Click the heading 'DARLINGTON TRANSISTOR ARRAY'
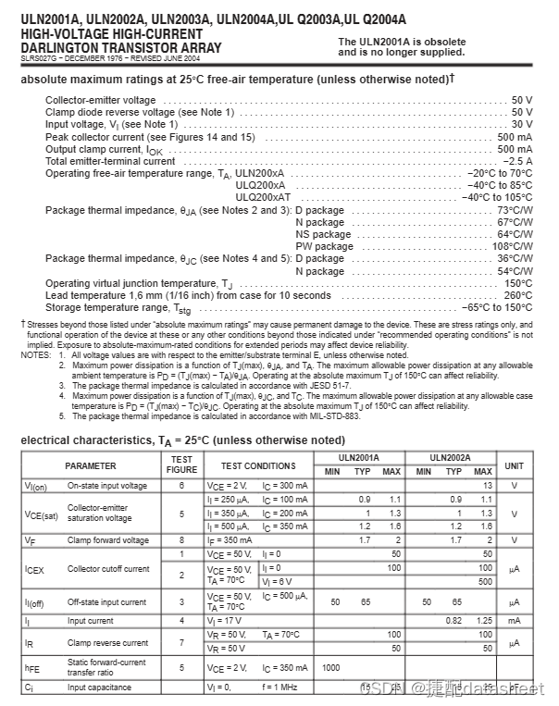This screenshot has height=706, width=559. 120,47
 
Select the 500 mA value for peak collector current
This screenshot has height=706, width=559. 515,137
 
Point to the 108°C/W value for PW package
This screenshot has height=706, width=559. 513,247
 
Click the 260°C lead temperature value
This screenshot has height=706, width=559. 518,295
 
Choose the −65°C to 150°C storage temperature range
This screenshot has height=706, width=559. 497,307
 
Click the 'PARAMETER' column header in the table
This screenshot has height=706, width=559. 91,465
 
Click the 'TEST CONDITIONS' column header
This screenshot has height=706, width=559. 258,465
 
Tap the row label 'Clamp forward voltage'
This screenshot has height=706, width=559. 107,540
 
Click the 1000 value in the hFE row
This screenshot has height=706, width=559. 331,667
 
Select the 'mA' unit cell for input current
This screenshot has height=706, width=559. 515,620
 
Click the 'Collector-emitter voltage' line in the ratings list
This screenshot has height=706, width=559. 101,100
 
